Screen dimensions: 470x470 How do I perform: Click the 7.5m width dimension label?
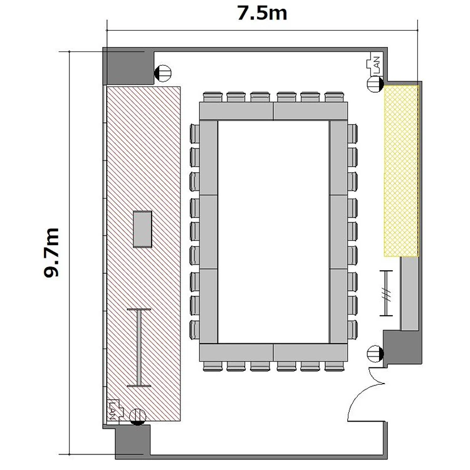coord(262,14)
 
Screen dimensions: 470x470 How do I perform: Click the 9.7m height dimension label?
coord(51,253)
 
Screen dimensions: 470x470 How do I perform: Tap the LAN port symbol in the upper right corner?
coord(373,63)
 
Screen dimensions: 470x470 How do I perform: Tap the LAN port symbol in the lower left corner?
coord(115,409)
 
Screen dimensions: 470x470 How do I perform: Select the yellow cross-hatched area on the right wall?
coord(401,171)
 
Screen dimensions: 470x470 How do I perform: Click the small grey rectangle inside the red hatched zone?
coord(142,229)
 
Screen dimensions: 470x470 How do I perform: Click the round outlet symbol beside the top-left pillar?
coord(163,73)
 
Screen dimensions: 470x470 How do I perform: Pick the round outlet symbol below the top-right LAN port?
coord(375,84)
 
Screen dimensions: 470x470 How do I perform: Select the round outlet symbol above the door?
coord(375,353)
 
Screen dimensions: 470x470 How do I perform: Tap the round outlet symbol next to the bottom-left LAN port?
coord(138,417)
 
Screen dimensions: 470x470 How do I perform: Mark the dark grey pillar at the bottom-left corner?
coord(132,442)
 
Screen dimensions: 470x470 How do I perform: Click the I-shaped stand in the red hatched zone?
coord(138,347)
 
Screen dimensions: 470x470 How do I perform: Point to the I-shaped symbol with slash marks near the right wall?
coord(386,293)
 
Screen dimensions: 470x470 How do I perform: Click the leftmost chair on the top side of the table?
coord(212,97)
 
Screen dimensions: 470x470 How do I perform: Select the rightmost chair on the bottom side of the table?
coord(334,367)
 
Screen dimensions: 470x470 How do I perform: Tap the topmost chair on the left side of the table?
coord(195,133)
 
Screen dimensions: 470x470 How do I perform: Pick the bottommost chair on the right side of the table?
coord(352,330)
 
